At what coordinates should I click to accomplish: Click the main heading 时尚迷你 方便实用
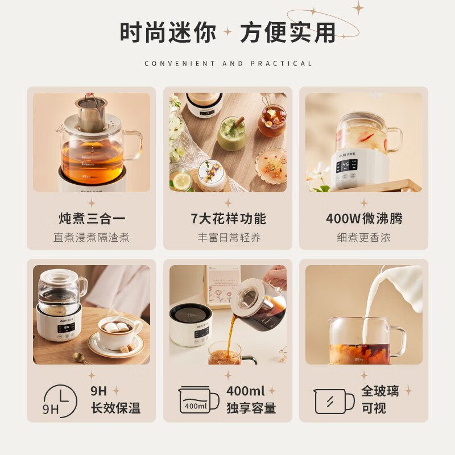(x=228, y=32)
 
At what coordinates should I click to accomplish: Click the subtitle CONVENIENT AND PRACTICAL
(x=229, y=64)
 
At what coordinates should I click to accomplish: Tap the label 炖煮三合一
(x=92, y=218)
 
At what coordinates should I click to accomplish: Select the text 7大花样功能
(x=228, y=218)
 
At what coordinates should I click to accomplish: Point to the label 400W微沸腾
(x=364, y=218)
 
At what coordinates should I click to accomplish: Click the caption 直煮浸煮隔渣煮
(x=92, y=237)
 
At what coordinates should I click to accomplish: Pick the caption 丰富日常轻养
(x=229, y=237)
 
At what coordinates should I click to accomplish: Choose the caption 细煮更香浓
(x=363, y=237)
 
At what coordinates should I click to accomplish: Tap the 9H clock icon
(x=61, y=402)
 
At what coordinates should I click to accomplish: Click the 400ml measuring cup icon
(x=198, y=400)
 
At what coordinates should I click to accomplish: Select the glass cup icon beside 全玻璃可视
(x=334, y=402)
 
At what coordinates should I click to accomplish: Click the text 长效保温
(x=115, y=408)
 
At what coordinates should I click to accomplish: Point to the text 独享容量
(x=251, y=408)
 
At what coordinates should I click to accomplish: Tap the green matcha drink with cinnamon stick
(x=232, y=134)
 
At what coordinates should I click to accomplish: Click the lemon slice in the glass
(x=181, y=180)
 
